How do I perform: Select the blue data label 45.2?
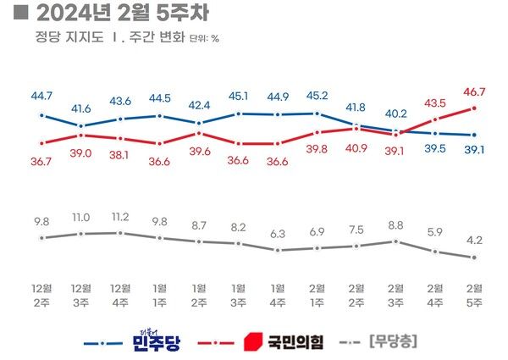(317, 95)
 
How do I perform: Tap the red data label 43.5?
(434, 102)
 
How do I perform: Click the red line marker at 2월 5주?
(473, 108)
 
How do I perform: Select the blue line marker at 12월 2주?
(41, 116)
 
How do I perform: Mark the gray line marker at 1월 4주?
(278, 251)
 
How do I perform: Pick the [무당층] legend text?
(395, 342)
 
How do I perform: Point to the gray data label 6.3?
(278, 233)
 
